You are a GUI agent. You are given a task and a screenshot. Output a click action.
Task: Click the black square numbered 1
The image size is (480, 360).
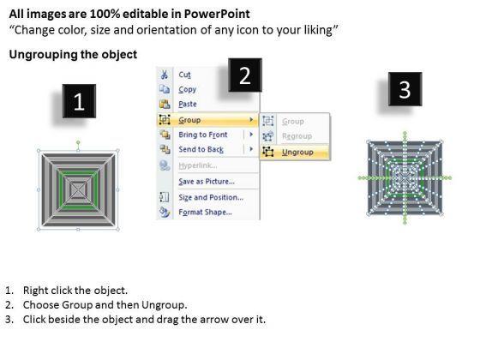click(x=79, y=101)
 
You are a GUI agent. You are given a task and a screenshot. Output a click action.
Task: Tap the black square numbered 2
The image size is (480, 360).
click(x=245, y=75)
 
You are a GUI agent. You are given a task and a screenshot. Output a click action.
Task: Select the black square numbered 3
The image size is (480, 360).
click(x=405, y=89)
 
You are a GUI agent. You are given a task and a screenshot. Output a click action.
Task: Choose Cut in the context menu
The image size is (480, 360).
click(x=184, y=75)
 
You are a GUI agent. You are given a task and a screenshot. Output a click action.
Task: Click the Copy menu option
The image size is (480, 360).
click(x=188, y=89)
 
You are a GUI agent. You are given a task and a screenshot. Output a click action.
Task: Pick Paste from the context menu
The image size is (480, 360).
click(x=188, y=104)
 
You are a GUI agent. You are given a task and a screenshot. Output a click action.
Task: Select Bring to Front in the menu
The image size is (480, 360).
click(x=203, y=135)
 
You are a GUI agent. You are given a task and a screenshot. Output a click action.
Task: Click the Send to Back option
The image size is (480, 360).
click(x=201, y=149)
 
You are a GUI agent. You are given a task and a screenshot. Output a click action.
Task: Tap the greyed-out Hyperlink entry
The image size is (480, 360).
click(x=198, y=165)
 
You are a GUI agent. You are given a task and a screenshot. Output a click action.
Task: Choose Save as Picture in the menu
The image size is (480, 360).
click(x=207, y=182)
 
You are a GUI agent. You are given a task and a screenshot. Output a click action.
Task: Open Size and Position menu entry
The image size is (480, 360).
click(x=211, y=197)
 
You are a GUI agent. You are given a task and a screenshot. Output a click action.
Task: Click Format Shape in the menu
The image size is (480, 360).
click(x=205, y=213)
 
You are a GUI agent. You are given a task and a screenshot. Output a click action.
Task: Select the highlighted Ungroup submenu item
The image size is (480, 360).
click(x=297, y=153)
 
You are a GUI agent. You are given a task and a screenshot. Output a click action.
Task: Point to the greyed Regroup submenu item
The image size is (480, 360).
click(x=297, y=136)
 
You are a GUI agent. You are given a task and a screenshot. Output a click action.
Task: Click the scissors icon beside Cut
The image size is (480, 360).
click(x=165, y=75)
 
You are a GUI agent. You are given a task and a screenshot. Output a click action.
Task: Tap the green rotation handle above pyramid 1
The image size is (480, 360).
click(x=78, y=142)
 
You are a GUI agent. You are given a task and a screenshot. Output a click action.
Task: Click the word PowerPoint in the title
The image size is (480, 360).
click(x=217, y=14)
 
